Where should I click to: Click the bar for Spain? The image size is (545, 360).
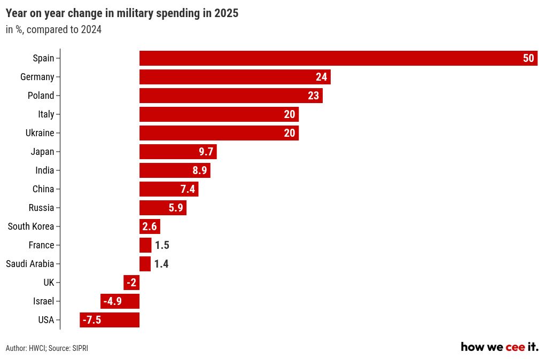click(x=331, y=58)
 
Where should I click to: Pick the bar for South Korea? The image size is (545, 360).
click(x=150, y=226)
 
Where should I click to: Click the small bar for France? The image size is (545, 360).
click(x=145, y=245)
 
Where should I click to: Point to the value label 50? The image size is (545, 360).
click(x=528, y=58)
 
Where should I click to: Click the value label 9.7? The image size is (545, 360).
click(x=206, y=152)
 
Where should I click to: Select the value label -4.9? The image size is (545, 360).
click(x=113, y=301)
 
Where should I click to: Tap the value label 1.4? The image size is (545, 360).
click(x=161, y=264)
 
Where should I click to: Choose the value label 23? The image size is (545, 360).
click(x=314, y=96)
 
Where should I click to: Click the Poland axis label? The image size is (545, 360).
click(x=41, y=96)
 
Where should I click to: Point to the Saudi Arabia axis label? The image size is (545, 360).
click(x=30, y=264)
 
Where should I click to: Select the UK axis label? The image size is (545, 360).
click(x=49, y=283)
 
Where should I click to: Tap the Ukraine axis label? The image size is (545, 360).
click(x=40, y=133)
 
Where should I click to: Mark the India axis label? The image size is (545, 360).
click(x=45, y=170)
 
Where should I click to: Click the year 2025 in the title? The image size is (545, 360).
click(x=226, y=14)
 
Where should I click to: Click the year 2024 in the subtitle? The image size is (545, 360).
click(x=91, y=30)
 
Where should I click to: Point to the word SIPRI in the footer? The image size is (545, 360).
click(x=80, y=348)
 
